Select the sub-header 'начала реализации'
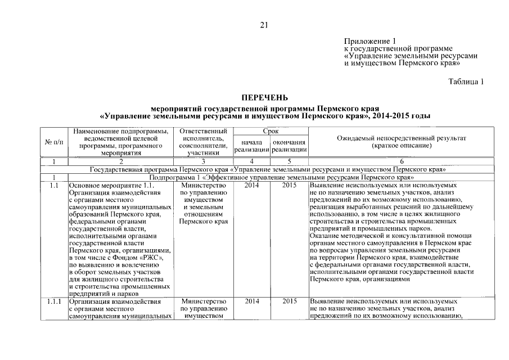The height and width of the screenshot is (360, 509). coord(251,146)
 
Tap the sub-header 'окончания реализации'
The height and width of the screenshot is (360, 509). coord(289,146)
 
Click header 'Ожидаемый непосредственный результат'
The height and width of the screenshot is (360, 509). coord(402,138)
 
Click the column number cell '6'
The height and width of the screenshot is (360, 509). coord(402,162)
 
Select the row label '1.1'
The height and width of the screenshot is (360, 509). coord(55,185)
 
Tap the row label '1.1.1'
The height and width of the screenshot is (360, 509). coord(55,302)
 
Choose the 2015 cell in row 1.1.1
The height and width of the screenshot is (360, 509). coord(289,302)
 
